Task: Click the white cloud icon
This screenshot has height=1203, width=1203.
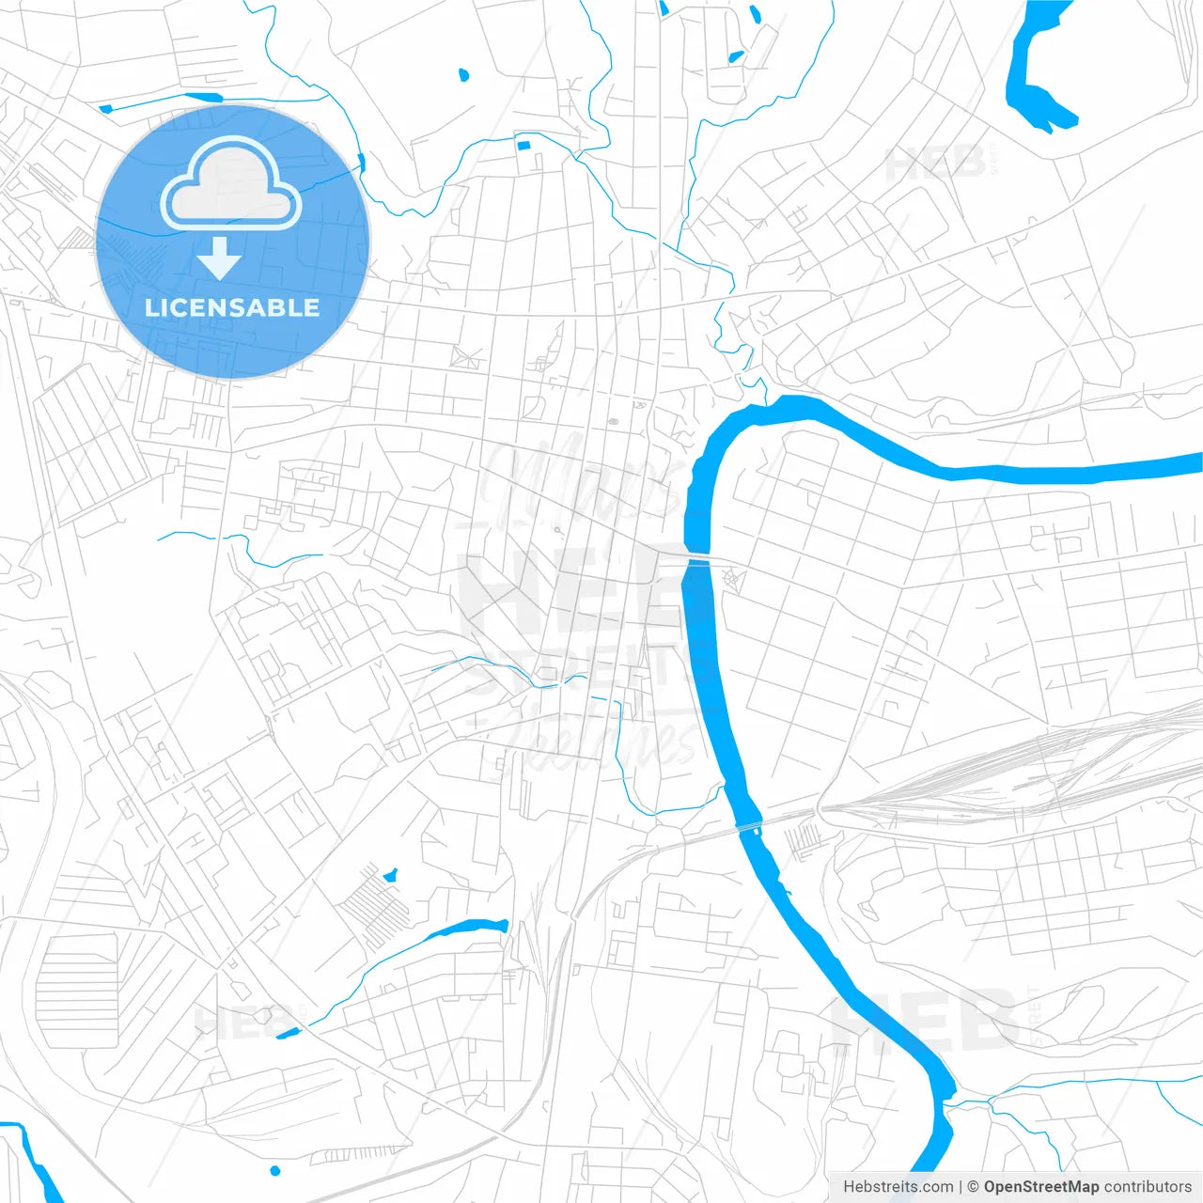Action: [x=230, y=184]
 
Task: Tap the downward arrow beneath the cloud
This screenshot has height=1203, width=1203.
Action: [x=219, y=258]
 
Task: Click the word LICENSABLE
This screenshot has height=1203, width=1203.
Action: [x=232, y=307]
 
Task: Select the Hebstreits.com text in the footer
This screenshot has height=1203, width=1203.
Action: [x=898, y=1187]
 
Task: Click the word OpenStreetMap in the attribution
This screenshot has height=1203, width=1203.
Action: [x=1041, y=1187]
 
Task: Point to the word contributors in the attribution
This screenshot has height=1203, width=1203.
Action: [x=1148, y=1187]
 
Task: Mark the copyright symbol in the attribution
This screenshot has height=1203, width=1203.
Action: [x=974, y=1187]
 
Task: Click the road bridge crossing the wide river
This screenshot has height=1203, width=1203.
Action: [x=698, y=561]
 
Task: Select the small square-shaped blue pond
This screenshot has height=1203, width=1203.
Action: [x=523, y=145]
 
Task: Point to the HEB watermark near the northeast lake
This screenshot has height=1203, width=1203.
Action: [x=935, y=163]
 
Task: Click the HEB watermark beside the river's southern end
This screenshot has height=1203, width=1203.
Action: [x=926, y=1020]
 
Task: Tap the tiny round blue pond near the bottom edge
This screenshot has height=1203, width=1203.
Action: [x=274, y=1170]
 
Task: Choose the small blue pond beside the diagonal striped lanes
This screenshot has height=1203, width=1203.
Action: [x=389, y=875]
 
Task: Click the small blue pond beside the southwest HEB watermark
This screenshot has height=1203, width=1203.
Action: [x=287, y=1033]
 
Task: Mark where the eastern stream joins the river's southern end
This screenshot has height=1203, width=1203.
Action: [x=952, y=1100]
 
